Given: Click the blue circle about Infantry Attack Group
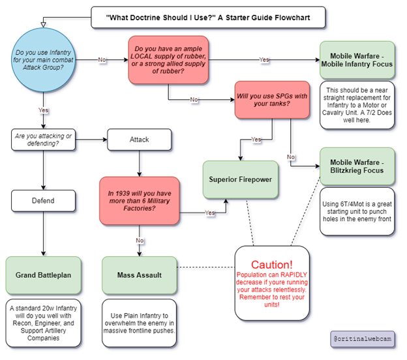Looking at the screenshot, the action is [x=43, y=60].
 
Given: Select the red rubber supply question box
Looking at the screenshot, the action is [x=168, y=60].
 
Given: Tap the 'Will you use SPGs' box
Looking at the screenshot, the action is [x=272, y=100].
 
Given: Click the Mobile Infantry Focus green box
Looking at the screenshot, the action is [x=357, y=60].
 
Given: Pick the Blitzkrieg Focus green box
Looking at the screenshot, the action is [x=357, y=166].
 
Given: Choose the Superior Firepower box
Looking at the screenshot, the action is [x=241, y=179].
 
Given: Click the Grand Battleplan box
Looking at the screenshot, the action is [x=43, y=275].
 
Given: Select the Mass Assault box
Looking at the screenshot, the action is [x=140, y=275].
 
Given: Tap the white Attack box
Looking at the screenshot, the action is [x=140, y=140].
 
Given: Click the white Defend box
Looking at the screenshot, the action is [x=43, y=201].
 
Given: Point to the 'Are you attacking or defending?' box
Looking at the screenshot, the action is [x=43, y=140].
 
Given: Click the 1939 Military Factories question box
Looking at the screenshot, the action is [x=140, y=201].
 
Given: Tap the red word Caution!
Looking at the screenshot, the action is [x=272, y=265].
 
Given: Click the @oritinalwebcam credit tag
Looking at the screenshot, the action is [x=363, y=339].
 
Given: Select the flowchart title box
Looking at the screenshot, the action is [x=208, y=18].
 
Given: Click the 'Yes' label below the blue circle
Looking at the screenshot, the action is [x=43, y=110].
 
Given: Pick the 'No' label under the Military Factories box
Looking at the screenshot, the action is [x=140, y=241].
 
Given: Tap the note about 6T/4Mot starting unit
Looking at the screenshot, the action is [x=357, y=211].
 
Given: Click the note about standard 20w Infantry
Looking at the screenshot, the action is [x=43, y=323].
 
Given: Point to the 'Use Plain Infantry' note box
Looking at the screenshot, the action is [x=140, y=323].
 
